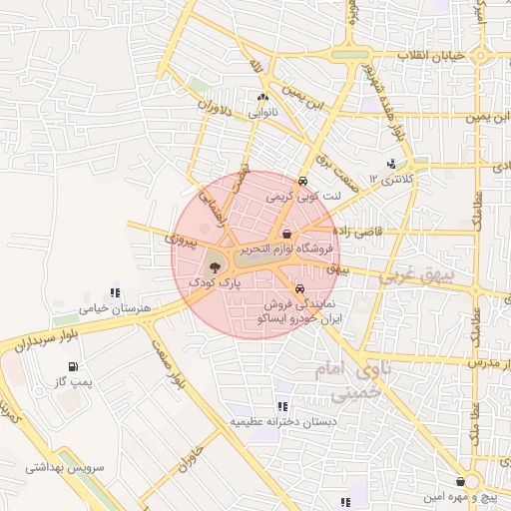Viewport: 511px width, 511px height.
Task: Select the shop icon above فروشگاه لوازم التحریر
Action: (x=286, y=234)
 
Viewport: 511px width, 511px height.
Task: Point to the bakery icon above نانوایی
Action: (x=262, y=98)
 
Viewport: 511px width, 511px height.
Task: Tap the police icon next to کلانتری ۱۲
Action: (x=391, y=164)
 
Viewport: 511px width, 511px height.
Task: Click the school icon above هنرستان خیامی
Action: (x=116, y=293)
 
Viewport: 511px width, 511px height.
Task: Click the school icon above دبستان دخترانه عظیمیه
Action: (x=282, y=406)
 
